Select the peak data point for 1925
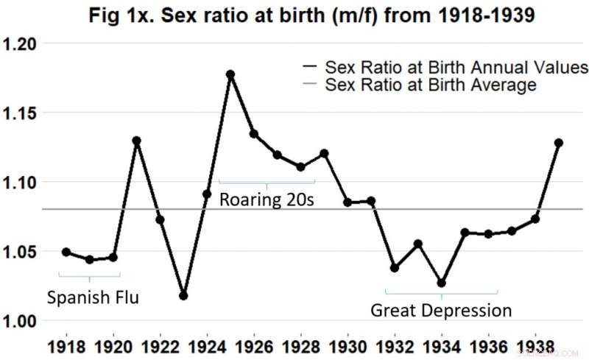(230, 74)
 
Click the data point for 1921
(136, 140)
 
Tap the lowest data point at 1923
(183, 295)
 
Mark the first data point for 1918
(66, 252)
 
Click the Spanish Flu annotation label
(92, 298)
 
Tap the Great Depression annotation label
(441, 310)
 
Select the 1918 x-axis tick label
(66, 345)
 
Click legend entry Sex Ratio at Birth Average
(431, 85)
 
